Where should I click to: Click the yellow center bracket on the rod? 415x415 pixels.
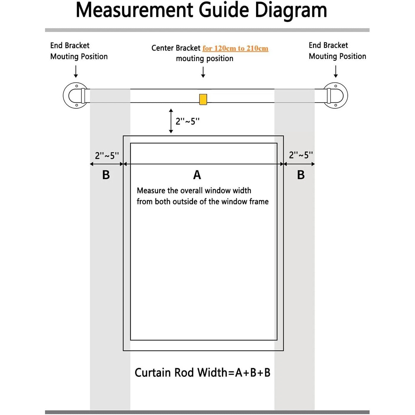pos(203,99)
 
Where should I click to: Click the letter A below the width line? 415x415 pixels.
pos(197,175)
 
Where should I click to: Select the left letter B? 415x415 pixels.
pos(106,175)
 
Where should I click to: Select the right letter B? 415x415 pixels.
pos(301,175)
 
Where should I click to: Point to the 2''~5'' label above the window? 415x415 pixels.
pos(188,121)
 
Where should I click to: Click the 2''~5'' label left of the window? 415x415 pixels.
pos(107,156)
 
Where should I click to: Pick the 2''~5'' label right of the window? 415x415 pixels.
pos(301,155)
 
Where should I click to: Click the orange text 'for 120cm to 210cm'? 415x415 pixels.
pos(235,48)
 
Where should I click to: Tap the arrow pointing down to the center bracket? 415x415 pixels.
pos(203,72)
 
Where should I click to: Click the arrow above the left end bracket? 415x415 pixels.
pos(76,71)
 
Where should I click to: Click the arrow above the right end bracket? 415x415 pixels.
pos(336,71)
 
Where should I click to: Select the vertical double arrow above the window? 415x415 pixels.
pos(171,121)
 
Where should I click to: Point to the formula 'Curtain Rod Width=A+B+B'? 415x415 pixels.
pos(202,373)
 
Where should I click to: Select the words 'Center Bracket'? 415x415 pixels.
pos(176,48)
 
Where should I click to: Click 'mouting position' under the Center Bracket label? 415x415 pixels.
pos(205,59)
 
